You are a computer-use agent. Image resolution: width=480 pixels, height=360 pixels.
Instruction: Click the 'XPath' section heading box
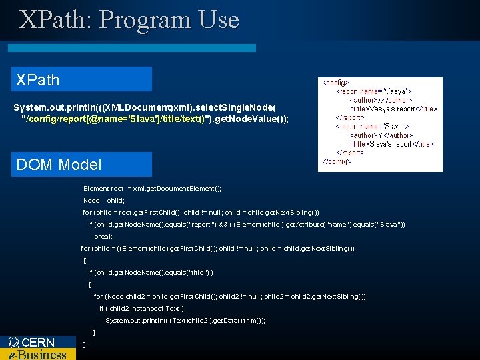point(81,79)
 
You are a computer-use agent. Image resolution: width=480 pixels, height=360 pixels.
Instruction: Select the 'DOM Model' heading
point(81,164)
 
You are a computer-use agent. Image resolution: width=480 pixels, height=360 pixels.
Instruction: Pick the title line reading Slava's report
point(392,144)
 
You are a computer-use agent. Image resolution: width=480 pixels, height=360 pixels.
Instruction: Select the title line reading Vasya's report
point(393,109)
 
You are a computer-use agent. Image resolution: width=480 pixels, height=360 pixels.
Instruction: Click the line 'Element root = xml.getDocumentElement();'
point(153,189)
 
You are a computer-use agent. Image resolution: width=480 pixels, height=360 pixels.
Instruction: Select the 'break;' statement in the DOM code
point(104,237)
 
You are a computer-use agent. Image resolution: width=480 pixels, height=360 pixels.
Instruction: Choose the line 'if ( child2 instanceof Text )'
point(141,309)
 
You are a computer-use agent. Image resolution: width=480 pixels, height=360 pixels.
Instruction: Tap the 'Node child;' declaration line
point(104,201)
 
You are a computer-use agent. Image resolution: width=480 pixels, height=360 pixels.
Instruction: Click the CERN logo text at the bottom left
point(39,342)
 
